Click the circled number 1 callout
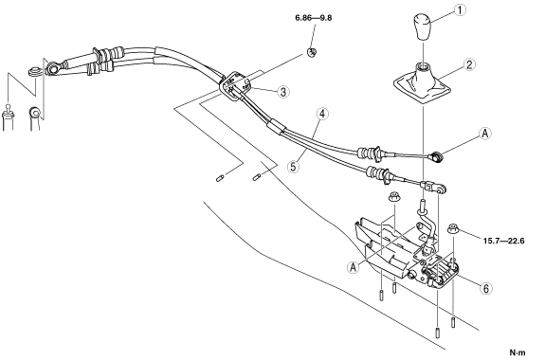coord(461,9)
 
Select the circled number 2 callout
coord(469,64)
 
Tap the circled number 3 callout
coord(283,92)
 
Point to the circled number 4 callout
coord(322,114)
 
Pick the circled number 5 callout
coord(294,167)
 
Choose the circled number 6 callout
coord(486,288)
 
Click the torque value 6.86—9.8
coord(314,18)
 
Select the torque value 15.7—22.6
coord(503,241)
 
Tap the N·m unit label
coord(518,352)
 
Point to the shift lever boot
coord(423,82)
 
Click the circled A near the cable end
coord(485,133)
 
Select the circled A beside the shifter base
coord(354,267)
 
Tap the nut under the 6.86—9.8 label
coord(312,52)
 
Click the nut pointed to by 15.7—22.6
coord(453,229)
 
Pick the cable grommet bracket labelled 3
coord(235,86)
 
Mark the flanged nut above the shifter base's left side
coord(393,196)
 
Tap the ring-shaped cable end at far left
coord(52,68)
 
